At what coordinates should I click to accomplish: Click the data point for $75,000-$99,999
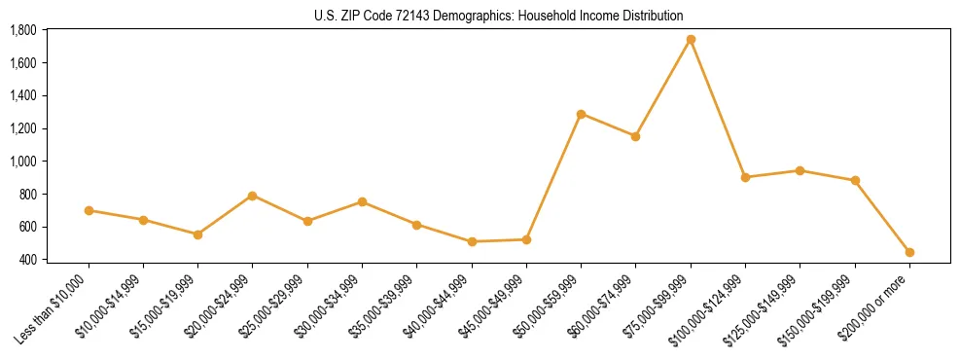tap(691, 40)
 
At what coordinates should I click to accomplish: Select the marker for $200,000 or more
tap(909, 252)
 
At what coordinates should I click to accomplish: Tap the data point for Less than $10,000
tap(89, 210)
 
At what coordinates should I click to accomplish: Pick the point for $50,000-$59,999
tap(581, 114)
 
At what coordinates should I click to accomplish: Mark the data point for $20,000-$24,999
tap(253, 196)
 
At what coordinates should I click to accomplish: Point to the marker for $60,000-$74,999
tap(635, 136)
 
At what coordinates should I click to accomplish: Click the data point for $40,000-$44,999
tap(472, 241)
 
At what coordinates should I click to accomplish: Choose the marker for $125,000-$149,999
tap(800, 170)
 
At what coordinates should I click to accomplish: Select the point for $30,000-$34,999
tap(362, 201)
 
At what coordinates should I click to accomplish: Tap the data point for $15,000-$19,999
tap(197, 234)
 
